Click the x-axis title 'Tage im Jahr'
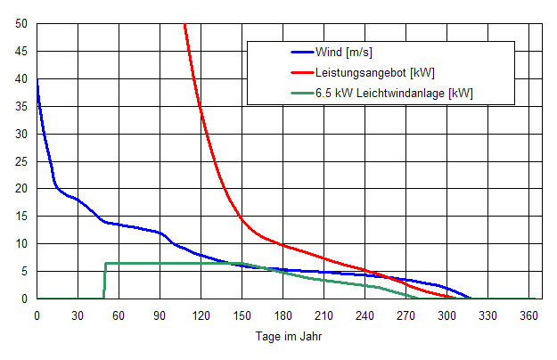point(290,338)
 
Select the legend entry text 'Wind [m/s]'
point(343,52)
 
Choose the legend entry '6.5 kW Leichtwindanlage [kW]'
point(393,93)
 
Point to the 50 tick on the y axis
point(21,23)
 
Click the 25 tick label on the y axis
point(21,161)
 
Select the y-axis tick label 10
point(21,244)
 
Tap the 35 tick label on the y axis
point(21,106)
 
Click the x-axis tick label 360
point(528,315)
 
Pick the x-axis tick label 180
point(283,315)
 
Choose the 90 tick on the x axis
point(160,315)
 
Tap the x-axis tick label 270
point(405,315)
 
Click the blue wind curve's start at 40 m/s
point(37,79)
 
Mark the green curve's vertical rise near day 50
point(105,281)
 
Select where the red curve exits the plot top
point(184,25)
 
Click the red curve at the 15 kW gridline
point(241,217)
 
